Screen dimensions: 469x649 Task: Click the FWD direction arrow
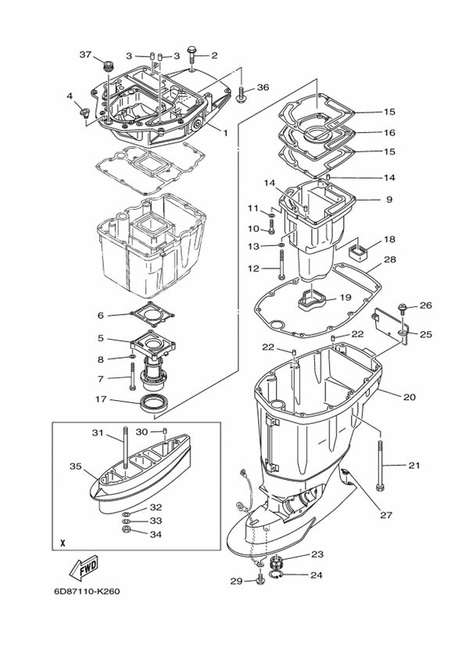click(83, 567)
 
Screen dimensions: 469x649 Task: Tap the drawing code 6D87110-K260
click(87, 591)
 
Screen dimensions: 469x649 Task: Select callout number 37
click(85, 54)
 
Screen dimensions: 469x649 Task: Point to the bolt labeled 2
click(192, 55)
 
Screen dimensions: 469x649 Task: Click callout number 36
click(263, 88)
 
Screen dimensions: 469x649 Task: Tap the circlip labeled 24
click(276, 574)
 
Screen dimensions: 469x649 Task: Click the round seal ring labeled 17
click(155, 403)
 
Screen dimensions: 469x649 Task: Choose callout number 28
click(390, 259)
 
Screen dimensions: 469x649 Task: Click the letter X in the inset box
click(63, 543)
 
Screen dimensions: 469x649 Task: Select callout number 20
click(409, 397)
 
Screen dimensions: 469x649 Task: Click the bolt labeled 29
click(260, 580)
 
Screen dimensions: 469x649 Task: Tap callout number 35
click(76, 467)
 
